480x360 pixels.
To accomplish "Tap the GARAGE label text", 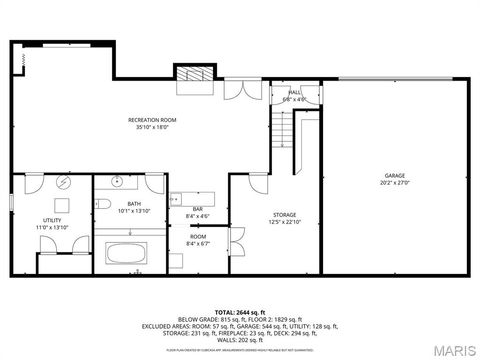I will pyautogui.click(x=395, y=175).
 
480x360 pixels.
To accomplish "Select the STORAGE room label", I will pyautogui.click(x=285, y=215).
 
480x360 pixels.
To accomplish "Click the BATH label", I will pyautogui.click(x=133, y=204).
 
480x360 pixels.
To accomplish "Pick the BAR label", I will pyautogui.click(x=198, y=208).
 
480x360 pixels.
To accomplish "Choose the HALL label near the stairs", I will pyautogui.click(x=296, y=92).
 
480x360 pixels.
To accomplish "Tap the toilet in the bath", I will pyautogui.click(x=104, y=204).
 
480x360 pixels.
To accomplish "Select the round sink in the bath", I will pyautogui.click(x=116, y=182).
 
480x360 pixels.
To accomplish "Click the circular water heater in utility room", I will pyautogui.click(x=62, y=183).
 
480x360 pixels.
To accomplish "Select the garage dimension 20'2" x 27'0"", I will pyautogui.click(x=395, y=183).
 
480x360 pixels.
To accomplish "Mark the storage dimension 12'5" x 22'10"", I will pyautogui.click(x=285, y=223).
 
